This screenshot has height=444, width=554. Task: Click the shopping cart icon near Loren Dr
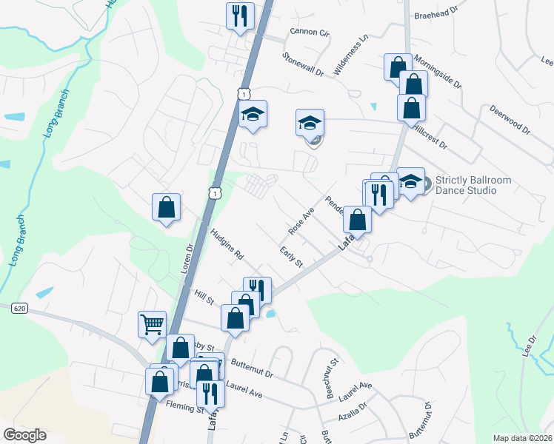(152, 323)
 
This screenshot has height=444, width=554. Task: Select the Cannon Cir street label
(309, 33)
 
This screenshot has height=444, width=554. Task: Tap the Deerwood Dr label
(510, 118)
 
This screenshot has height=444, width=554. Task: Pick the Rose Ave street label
(301, 221)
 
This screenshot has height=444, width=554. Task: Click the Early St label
(292, 258)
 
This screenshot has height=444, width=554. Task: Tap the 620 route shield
(19, 309)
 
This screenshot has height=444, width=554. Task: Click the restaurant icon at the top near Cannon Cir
(239, 16)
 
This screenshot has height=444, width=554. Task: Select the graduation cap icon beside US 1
(253, 115)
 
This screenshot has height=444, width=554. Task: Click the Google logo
(24, 435)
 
